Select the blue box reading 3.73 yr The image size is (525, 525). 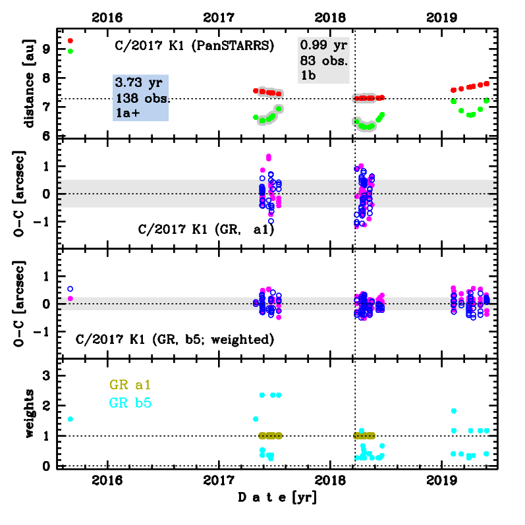point(141,97)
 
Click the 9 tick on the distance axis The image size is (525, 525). point(47,48)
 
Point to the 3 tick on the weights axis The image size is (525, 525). point(47,375)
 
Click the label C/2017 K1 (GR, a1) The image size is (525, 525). point(206,231)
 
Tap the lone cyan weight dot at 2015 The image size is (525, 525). point(70,419)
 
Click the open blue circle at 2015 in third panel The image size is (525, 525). point(70,289)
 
